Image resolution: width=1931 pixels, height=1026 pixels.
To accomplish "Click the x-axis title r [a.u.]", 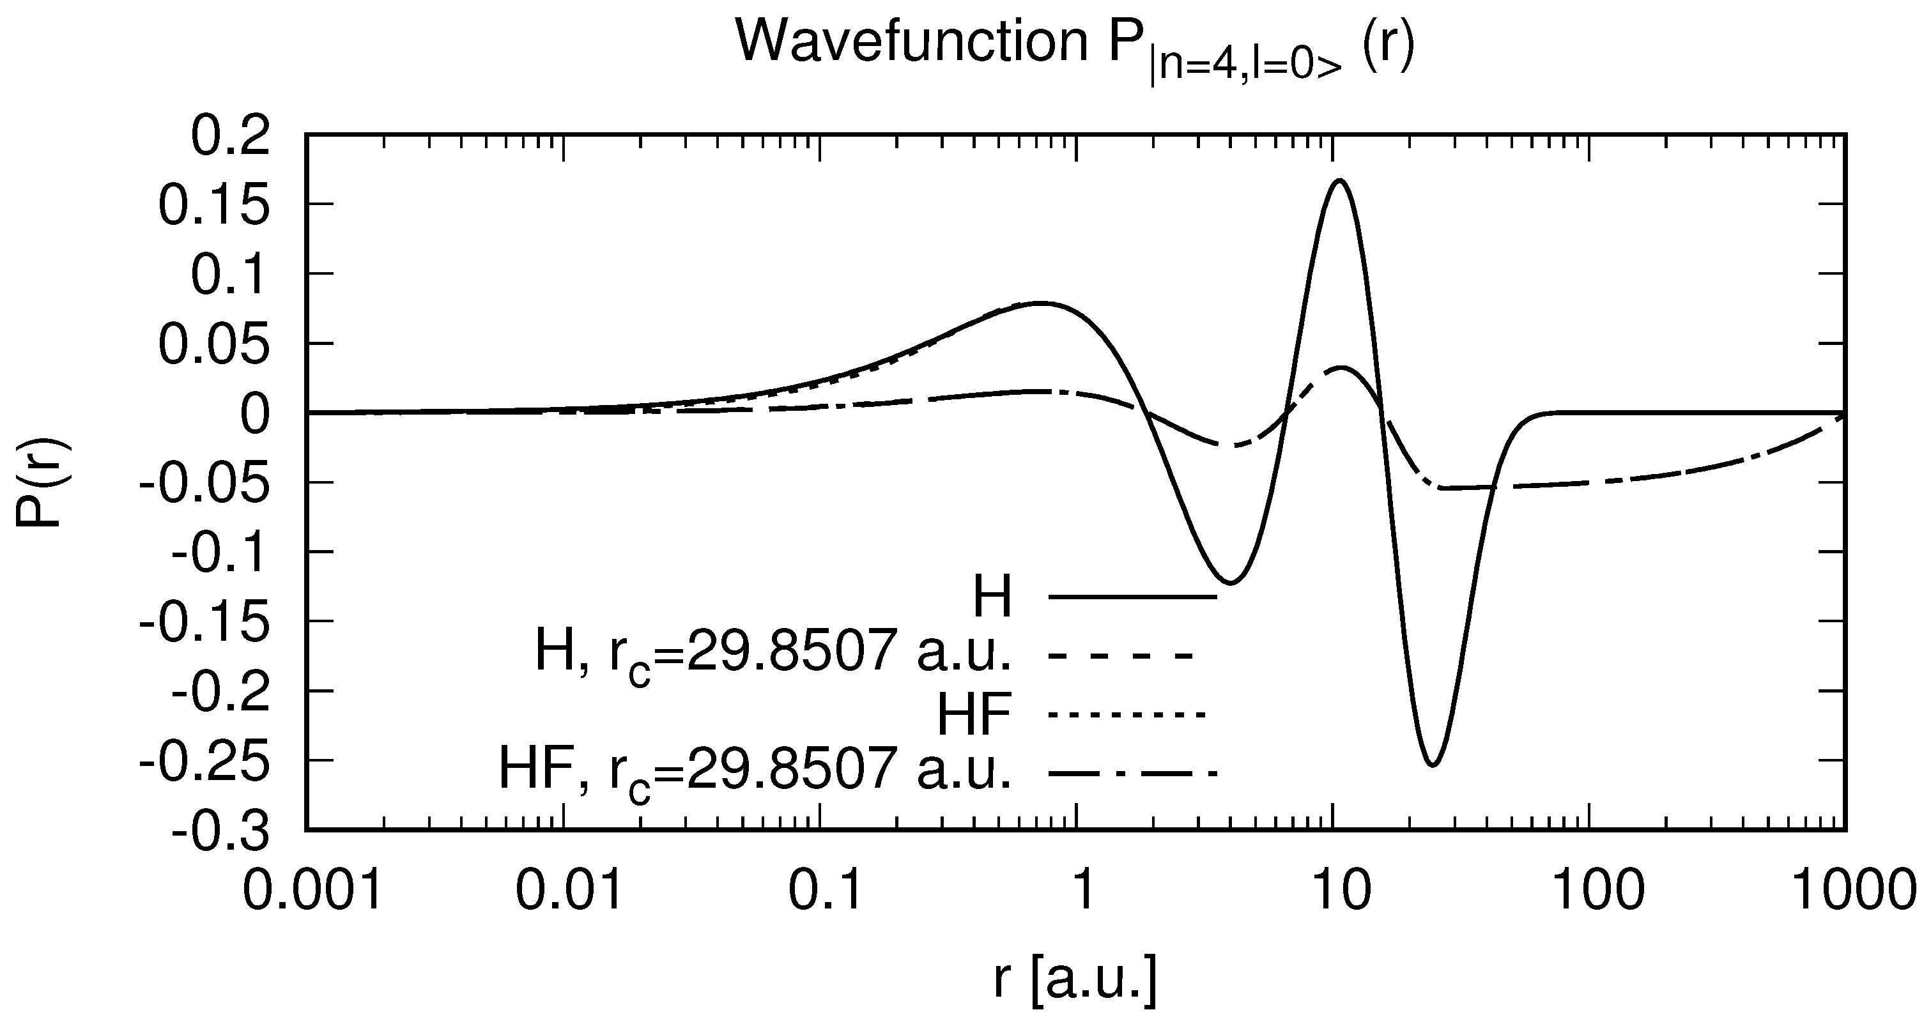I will (1075, 981).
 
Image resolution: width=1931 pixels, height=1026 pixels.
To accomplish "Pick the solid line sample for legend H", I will (1132, 597).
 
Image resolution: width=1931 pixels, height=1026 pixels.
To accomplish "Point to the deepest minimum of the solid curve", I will (1433, 765).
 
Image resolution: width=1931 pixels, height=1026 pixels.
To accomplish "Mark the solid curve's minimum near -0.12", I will (1231, 583).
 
